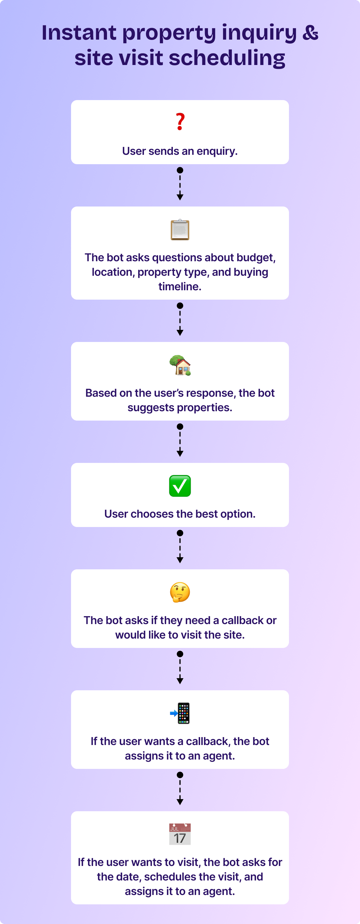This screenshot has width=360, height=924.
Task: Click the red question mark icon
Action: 180,122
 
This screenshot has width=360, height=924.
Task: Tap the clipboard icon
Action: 180,229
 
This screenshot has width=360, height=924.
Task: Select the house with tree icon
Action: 180,365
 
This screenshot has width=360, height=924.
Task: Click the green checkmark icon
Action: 180,486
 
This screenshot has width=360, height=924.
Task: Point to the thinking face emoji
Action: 180,592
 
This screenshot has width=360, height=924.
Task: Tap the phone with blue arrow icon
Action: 180,713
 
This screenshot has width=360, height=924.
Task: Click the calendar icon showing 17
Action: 180,834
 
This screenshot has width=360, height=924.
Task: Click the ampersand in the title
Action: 310,33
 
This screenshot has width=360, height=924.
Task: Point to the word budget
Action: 256,258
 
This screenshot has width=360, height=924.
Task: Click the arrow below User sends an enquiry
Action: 180,184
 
